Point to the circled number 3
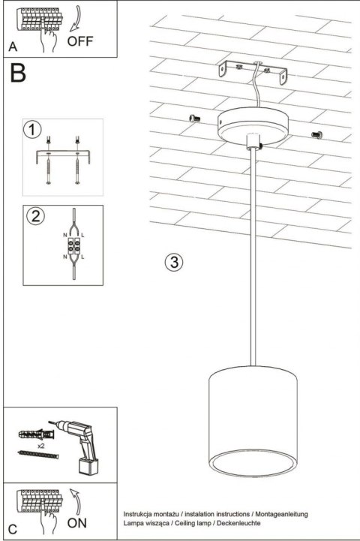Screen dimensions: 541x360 173,262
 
